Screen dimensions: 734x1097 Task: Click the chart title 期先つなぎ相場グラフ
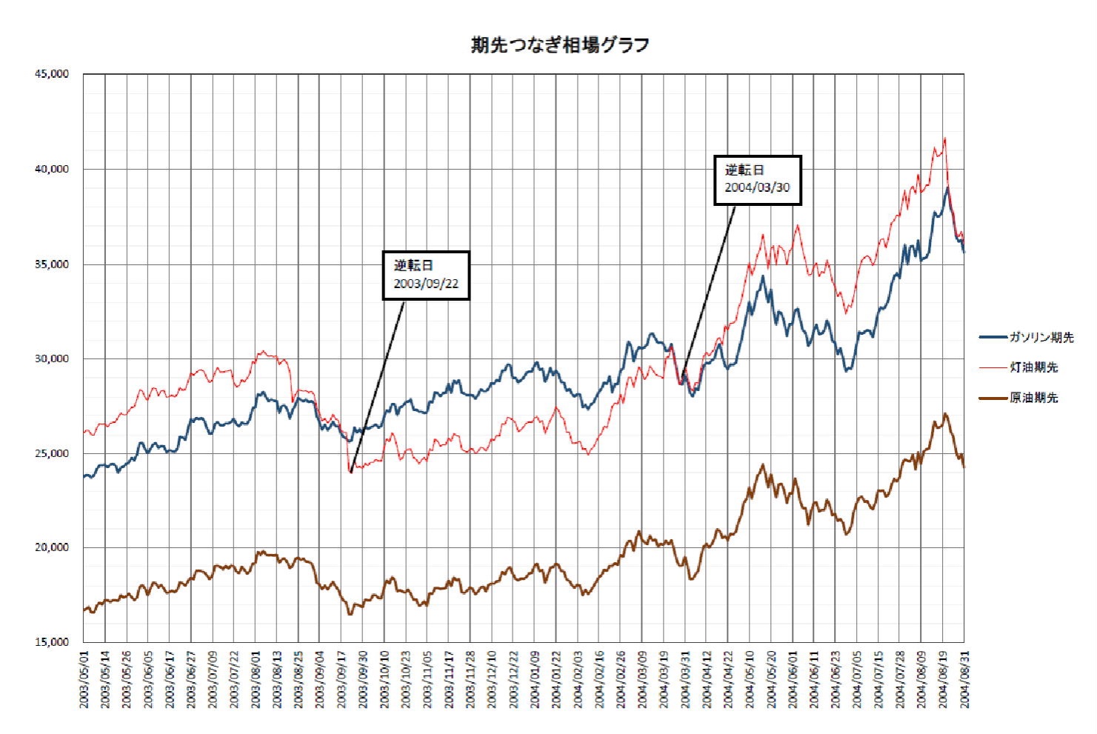point(560,45)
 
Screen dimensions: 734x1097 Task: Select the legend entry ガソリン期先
point(1041,337)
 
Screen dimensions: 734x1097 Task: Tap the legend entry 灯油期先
point(1033,367)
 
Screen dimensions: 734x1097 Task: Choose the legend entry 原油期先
point(1033,398)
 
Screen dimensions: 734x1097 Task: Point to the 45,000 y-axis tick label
point(52,74)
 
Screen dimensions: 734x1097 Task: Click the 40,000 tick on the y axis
point(52,169)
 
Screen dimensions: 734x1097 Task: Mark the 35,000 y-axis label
point(52,264)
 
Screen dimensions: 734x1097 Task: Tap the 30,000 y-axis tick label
point(52,358)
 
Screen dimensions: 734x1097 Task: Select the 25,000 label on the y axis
point(52,453)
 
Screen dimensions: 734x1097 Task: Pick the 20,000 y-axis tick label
point(52,547)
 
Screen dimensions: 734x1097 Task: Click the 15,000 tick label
point(52,642)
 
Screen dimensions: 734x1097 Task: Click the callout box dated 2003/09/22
point(426,275)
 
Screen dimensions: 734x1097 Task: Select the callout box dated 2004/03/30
point(757,179)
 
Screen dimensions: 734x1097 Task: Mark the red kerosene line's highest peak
point(944,139)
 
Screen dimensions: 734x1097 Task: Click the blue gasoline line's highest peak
point(947,187)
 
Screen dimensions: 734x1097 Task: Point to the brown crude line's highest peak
point(945,414)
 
